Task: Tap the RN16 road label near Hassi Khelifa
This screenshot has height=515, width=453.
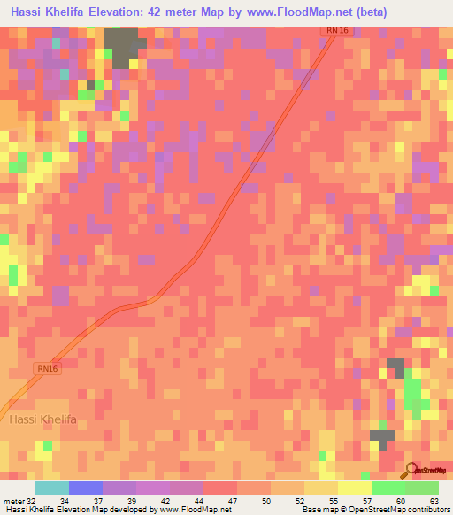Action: (x=49, y=367)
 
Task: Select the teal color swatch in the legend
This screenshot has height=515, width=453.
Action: (x=52, y=488)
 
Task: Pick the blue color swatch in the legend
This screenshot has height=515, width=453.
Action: (x=86, y=488)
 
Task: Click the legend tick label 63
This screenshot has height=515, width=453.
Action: (x=433, y=502)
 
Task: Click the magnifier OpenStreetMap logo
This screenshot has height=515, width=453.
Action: (x=411, y=470)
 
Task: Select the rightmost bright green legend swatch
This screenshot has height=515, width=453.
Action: (x=422, y=488)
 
